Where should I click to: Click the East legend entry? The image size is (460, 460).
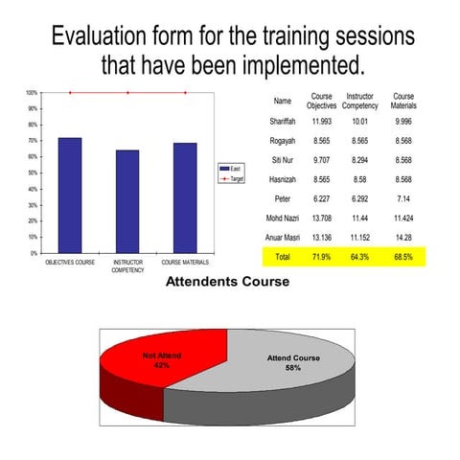coord(231,170)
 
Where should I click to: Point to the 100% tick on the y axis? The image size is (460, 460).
coord(32,93)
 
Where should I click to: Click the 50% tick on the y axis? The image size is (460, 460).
coord(33,172)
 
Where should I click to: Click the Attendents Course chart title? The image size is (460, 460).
coord(227,283)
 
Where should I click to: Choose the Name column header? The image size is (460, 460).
coord(282,101)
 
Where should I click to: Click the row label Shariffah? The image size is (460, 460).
coord(282,122)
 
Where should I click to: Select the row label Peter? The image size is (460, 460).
coord(282,199)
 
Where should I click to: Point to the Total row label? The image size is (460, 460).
coord(282,258)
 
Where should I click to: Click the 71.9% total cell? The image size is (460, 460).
coord(321,258)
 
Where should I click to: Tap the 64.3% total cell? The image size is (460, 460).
coord(359,258)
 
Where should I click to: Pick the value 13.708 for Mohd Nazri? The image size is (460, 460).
coord(321,219)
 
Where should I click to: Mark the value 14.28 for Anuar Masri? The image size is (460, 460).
coord(403,239)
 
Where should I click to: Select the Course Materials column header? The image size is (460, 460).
coord(403,101)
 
